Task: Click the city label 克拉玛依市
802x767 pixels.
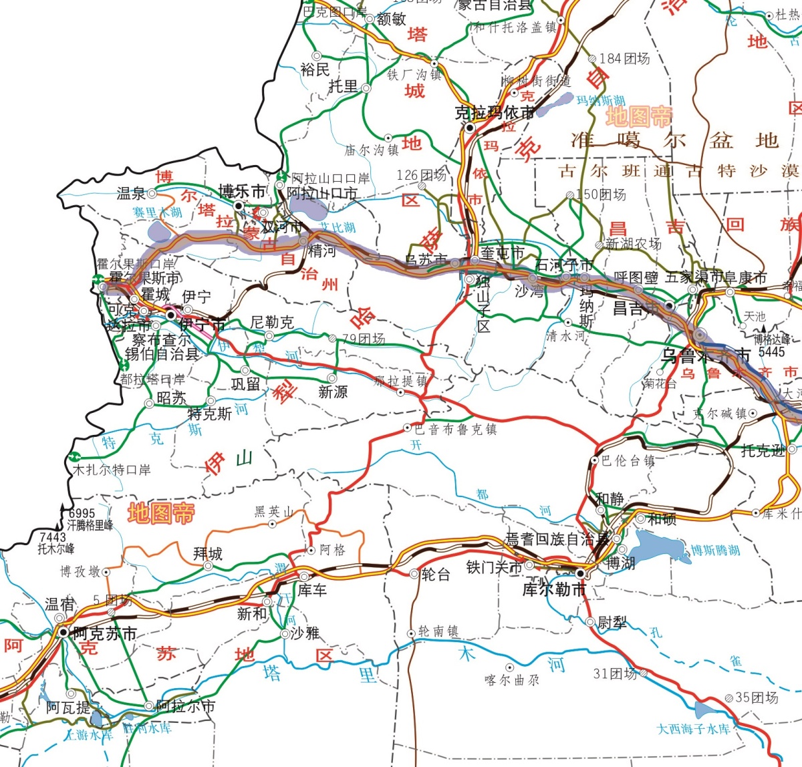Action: (x=495, y=113)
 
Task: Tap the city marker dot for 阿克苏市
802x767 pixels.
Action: (x=63, y=631)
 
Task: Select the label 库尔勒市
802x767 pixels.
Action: (x=554, y=590)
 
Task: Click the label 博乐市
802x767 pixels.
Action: (x=242, y=191)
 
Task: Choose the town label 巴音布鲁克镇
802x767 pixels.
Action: (x=455, y=429)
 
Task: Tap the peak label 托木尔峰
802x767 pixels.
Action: (x=56, y=549)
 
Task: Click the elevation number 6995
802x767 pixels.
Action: (x=82, y=514)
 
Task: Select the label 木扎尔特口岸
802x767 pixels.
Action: (x=112, y=470)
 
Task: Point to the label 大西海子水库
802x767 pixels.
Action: (x=693, y=728)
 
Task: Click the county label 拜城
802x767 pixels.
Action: (x=208, y=553)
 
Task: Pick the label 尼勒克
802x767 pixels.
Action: (x=272, y=322)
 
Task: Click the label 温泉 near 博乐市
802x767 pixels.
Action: (x=132, y=194)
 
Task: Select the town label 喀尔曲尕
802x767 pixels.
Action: (x=512, y=680)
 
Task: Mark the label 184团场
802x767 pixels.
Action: (x=624, y=59)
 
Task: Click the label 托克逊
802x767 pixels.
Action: (x=763, y=450)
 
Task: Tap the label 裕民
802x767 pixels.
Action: (x=315, y=69)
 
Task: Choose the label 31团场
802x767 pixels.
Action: (x=615, y=673)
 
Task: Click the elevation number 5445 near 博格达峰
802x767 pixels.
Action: (x=771, y=351)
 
